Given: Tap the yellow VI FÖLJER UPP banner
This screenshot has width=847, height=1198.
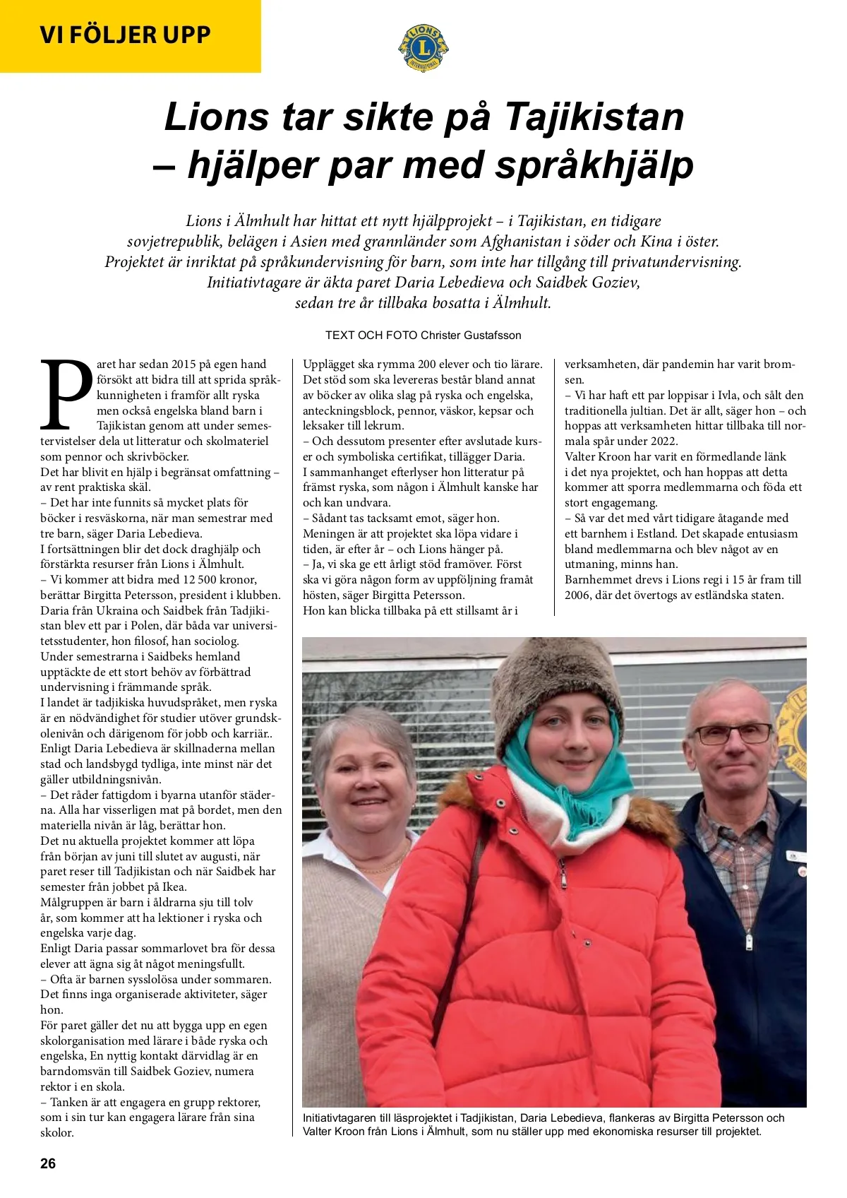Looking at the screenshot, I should click(126, 35).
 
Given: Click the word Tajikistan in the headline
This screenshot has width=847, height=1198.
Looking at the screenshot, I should click(594, 117).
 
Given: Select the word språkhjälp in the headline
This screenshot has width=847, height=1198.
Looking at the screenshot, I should click(594, 165).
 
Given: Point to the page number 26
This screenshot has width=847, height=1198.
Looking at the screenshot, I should click(48, 1163).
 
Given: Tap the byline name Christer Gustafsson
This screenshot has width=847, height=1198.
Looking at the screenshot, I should click(471, 335).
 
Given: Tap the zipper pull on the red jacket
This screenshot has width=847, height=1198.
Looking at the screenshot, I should click(563, 880).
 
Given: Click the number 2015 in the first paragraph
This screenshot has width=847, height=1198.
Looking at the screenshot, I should click(184, 364).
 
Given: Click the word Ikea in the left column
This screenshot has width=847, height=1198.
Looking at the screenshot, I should click(174, 887).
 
